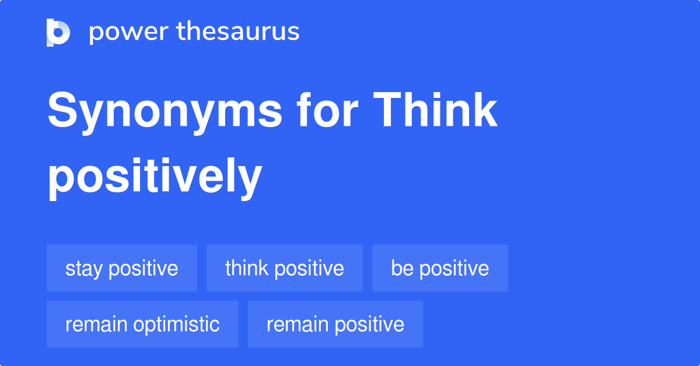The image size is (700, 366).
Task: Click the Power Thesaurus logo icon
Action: point(58,32)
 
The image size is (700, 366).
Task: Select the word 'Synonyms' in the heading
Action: point(164,112)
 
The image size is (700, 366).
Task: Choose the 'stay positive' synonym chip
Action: point(122,268)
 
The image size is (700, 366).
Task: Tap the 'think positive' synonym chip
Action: point(285,268)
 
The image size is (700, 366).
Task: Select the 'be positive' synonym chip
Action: point(440,268)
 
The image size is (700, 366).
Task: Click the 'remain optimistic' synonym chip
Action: point(142,324)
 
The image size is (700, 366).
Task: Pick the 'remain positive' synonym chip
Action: point(335,324)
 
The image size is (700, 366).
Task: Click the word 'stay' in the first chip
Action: point(85,269)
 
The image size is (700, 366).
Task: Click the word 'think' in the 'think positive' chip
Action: point(247,268)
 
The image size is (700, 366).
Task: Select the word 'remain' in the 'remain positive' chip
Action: point(295,324)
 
